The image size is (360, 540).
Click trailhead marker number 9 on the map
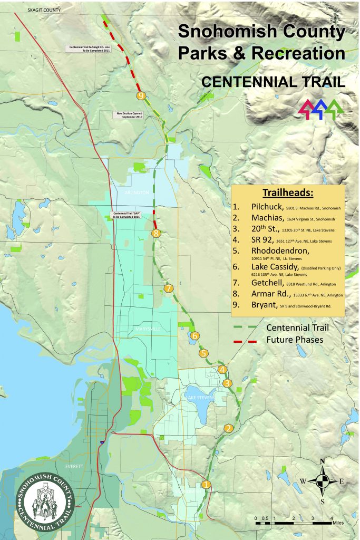point(140,95)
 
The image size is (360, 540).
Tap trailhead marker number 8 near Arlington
point(155,233)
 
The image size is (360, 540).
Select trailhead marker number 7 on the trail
point(168,288)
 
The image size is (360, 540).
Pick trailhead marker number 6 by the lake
point(194,335)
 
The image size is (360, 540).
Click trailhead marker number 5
point(204,353)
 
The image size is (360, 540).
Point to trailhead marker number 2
point(228,428)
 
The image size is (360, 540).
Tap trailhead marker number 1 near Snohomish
point(206,484)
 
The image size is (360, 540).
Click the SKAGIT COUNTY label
point(44,10)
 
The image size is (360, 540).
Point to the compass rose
point(323,480)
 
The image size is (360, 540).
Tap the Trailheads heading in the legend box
point(288,192)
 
